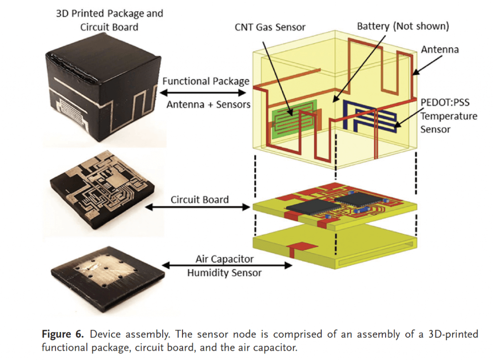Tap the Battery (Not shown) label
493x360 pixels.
402,26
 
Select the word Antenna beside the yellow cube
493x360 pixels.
440,49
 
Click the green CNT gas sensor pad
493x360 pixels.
293,119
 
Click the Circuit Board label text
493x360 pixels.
200,199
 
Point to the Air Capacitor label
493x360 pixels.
224,259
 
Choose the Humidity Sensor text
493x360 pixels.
224,273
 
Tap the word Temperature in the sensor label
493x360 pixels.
448,116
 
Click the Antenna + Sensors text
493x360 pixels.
208,103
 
